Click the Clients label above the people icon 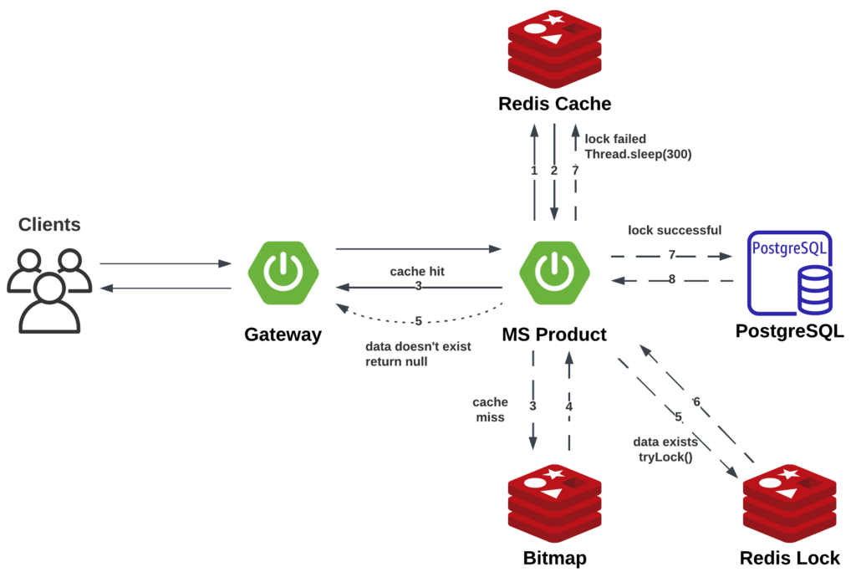pyautogui.click(x=50, y=225)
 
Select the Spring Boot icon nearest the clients pyautogui.click(x=283, y=273)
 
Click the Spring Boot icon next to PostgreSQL pyautogui.click(x=554, y=273)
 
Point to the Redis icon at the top pyautogui.click(x=554, y=50)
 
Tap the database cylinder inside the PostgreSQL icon pyautogui.click(x=815, y=288)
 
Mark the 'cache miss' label pyautogui.click(x=490, y=410)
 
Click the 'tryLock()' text pyautogui.click(x=665, y=457)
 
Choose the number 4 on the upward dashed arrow pyautogui.click(x=569, y=407)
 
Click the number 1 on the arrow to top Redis pyautogui.click(x=534, y=170)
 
